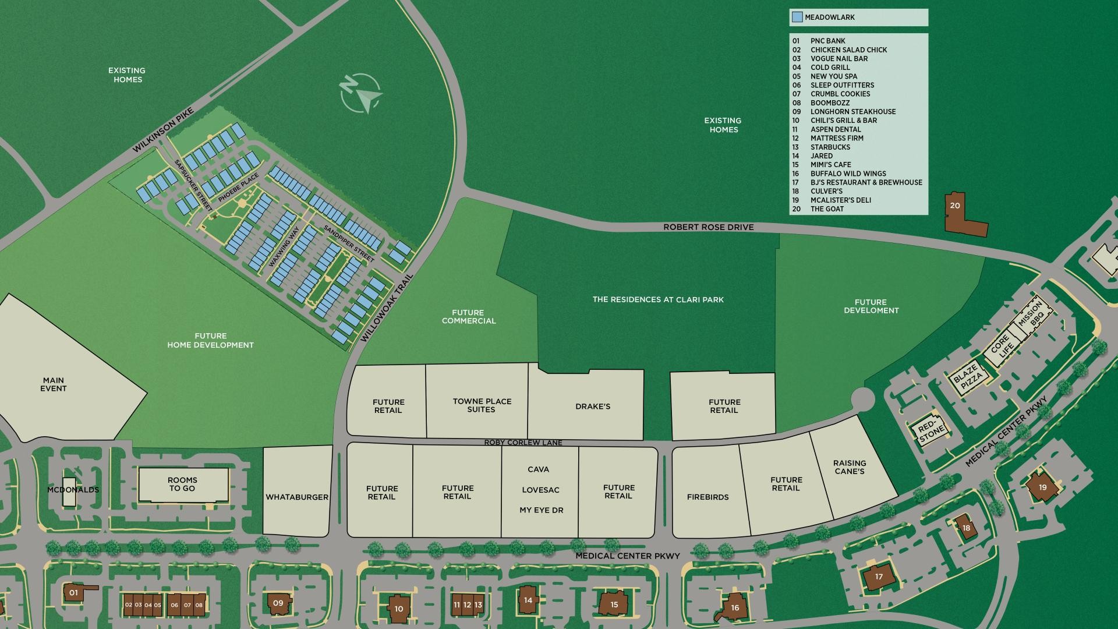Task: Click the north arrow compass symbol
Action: tap(360, 93)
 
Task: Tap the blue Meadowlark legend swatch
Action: tap(797, 17)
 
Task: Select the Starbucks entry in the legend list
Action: tap(830, 147)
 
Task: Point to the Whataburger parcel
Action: tap(297, 497)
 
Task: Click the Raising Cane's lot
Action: tap(850, 468)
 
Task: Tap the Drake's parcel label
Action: tap(593, 407)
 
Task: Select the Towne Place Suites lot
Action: tap(482, 405)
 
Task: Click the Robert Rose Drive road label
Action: tap(708, 227)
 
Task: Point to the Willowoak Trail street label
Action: tap(387, 308)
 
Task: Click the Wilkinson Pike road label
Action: tap(162, 130)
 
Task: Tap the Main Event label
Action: tap(54, 384)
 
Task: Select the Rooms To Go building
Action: tap(183, 485)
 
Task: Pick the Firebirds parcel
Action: tap(707, 497)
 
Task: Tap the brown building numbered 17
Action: tap(879, 577)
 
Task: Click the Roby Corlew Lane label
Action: tap(523, 443)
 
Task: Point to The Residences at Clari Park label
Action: tap(658, 299)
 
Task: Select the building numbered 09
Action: tap(278, 603)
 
